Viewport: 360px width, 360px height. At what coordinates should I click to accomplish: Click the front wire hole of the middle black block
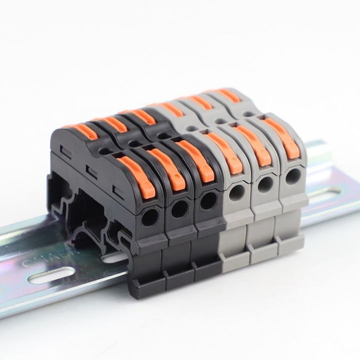[178, 209]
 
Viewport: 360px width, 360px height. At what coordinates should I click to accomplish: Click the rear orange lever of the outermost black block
[85, 130]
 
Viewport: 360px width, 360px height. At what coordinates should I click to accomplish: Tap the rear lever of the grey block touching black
[172, 108]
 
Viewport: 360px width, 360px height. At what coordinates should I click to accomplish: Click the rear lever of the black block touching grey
[142, 116]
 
